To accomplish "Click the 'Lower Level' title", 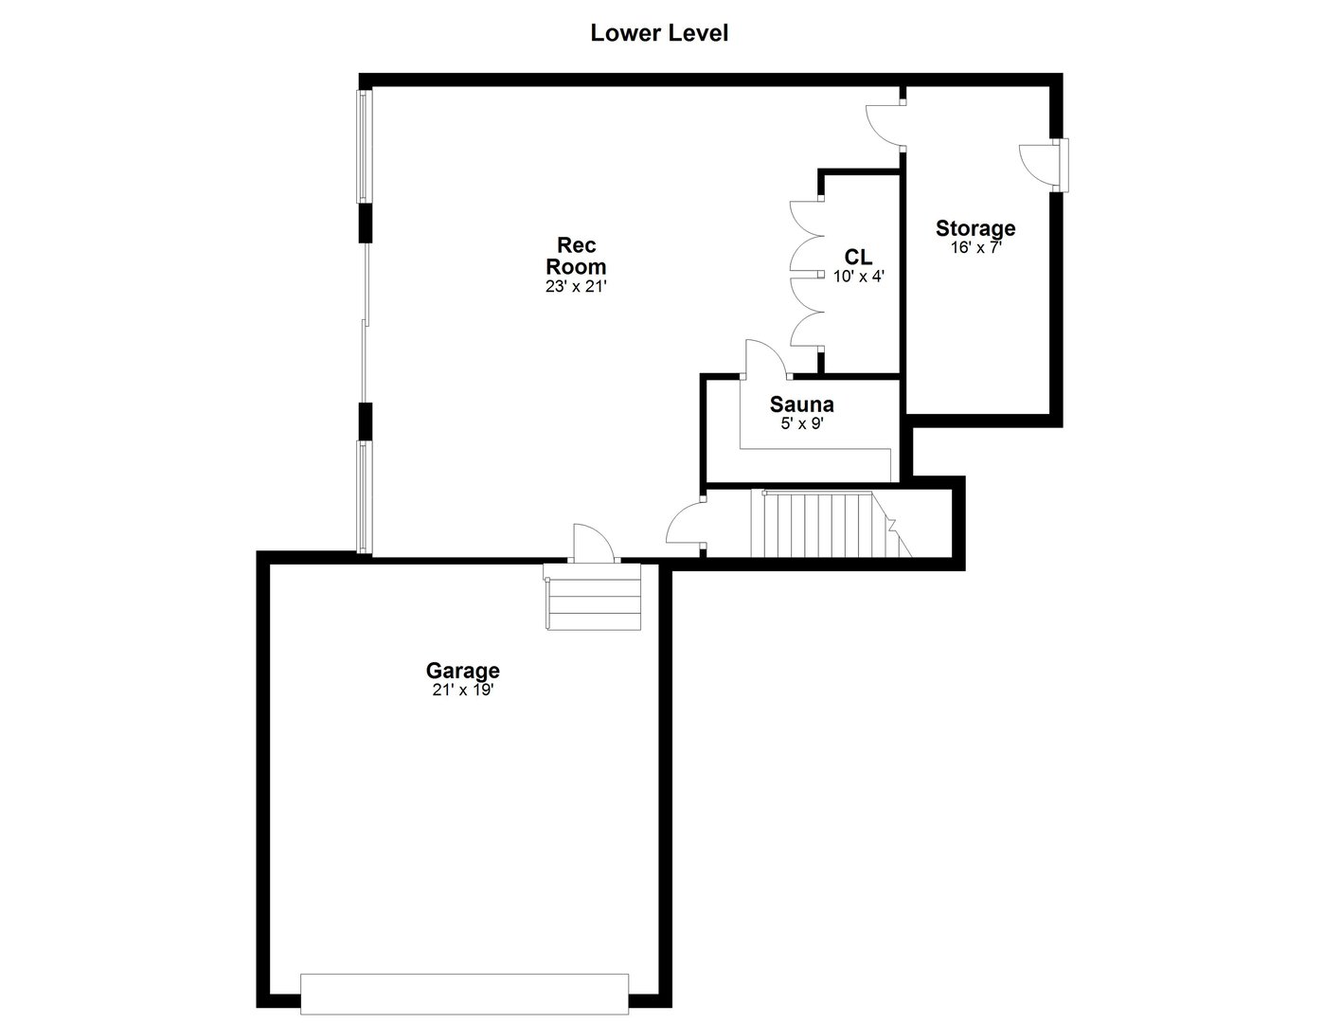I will tap(659, 33).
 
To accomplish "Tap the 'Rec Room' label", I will tap(575, 256).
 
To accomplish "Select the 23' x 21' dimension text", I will tap(575, 286).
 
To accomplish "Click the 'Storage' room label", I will tap(975, 228).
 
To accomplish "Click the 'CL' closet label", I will tap(858, 257).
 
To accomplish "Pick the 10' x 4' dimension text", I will tap(858, 277).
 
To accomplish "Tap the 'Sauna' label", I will tap(801, 404).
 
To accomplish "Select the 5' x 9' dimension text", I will tap(801, 424).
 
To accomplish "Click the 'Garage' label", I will tap(462, 671).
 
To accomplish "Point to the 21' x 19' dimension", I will tap(462, 691).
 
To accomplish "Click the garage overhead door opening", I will tap(464, 994).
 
